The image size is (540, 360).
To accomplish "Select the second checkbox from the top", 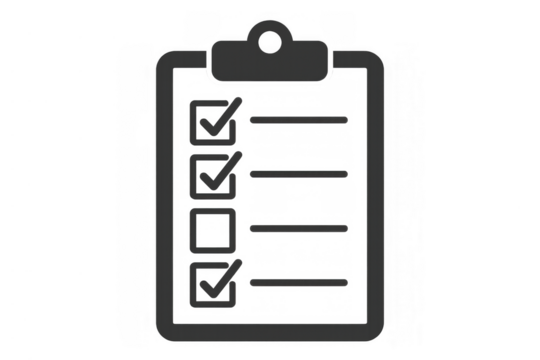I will [x=213, y=175].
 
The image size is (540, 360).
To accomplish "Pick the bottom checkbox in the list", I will [x=213, y=283].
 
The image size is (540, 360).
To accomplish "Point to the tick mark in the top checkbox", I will [x=219, y=118].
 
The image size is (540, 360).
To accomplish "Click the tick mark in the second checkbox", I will [x=219, y=172].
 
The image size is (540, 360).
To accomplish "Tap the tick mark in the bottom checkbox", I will [x=219, y=279].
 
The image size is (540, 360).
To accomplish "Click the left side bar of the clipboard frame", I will [x=163, y=200].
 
